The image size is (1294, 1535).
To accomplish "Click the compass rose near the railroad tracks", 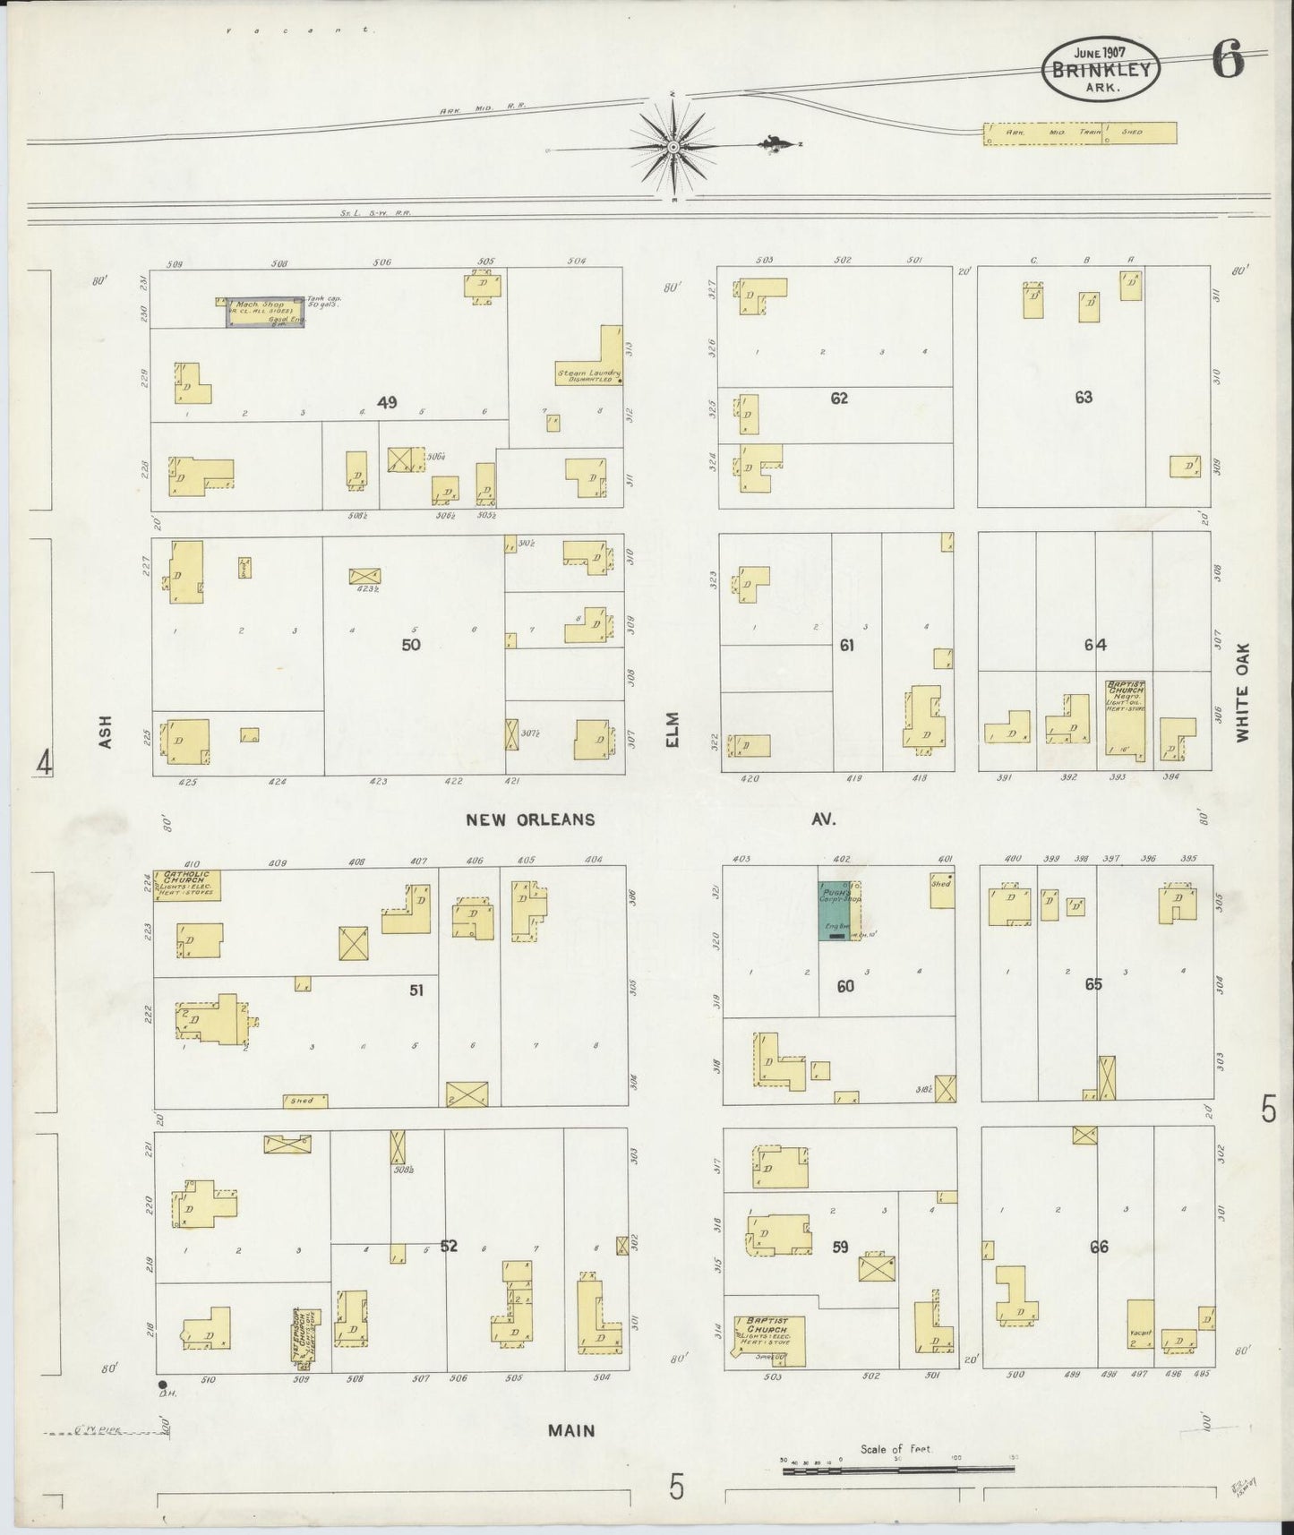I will (673, 146).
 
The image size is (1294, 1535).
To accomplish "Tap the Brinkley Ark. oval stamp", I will (1101, 65).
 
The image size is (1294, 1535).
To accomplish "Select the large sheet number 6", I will (1228, 62).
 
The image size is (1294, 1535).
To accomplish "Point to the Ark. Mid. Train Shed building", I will (1079, 133).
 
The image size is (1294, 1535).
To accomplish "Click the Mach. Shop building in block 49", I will (265, 312).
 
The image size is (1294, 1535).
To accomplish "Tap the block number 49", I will (387, 403).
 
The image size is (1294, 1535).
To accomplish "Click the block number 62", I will (838, 399).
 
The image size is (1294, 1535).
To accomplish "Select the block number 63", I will (1084, 397).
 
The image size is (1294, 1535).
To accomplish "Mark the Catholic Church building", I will (187, 885).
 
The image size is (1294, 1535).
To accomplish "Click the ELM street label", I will (673, 729).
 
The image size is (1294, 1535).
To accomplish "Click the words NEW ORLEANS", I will (530, 819).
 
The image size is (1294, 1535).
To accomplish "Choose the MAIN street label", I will (571, 1430).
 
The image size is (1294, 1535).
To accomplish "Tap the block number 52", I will (449, 1245).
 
